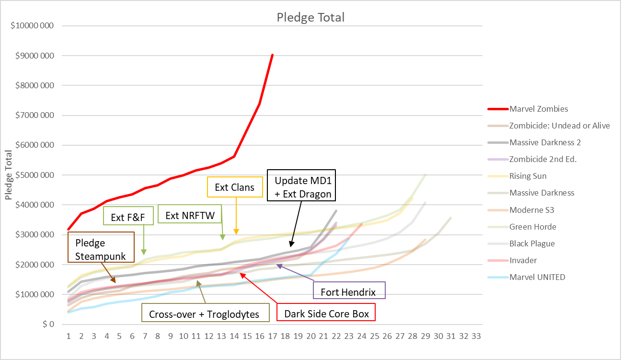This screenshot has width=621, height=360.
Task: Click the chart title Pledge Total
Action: click(x=310, y=18)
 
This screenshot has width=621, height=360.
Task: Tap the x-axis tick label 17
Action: click(x=272, y=336)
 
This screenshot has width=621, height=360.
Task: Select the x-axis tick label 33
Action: click(x=476, y=336)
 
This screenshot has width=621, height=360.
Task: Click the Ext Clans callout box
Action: click(x=235, y=187)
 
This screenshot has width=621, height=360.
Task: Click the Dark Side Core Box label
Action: click(x=326, y=314)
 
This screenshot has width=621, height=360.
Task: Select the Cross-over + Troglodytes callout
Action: click(x=204, y=314)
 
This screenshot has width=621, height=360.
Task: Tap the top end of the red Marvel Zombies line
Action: click(x=272, y=55)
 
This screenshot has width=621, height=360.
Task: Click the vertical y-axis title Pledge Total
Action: click(x=8, y=175)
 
